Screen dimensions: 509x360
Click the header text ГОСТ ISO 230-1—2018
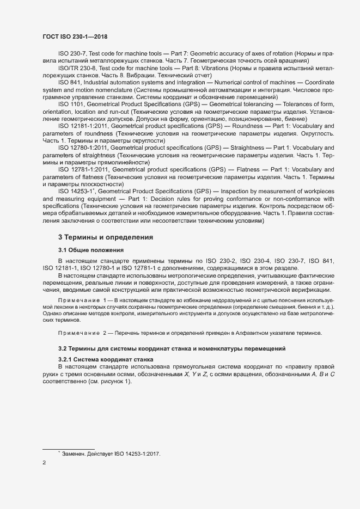pyautogui.click(x=76, y=36)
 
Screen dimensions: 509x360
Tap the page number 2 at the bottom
pyautogui.click(x=44, y=463)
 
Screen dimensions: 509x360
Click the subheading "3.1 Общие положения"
pyautogui.click(x=91, y=250)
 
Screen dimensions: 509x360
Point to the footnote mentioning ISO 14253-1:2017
pyautogui.click(x=112, y=454)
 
